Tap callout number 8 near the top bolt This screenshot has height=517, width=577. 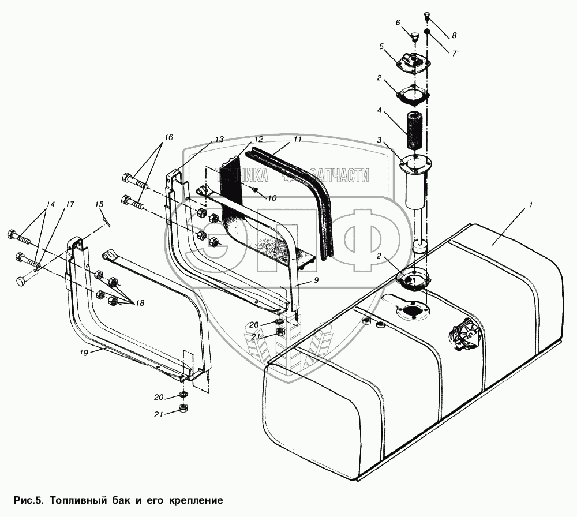(x=455, y=35)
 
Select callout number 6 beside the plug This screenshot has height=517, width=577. (x=398, y=23)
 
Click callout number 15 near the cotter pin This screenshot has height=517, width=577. (x=99, y=204)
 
